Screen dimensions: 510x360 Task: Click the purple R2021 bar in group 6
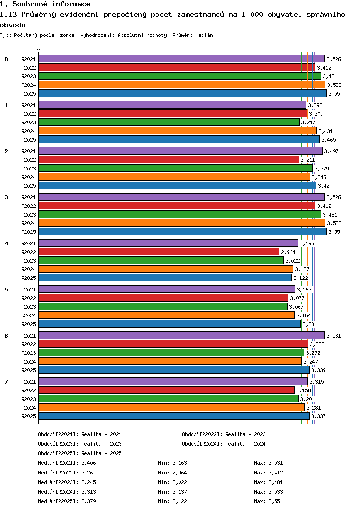(x=181, y=335)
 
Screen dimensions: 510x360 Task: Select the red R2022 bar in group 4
(x=158, y=252)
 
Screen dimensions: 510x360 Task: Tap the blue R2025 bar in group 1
(x=179, y=139)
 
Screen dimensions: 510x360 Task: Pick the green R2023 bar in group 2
(x=175, y=168)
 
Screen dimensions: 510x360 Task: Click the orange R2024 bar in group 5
(x=166, y=315)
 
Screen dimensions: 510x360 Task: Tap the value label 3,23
(x=308, y=324)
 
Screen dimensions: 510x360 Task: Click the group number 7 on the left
(x=6, y=382)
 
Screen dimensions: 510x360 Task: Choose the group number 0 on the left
(x=6, y=59)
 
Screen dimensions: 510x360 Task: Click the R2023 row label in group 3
(x=29, y=215)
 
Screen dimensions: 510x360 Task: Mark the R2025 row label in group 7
(x=29, y=416)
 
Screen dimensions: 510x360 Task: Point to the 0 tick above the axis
(x=39, y=49)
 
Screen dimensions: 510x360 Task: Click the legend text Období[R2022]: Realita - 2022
(x=224, y=434)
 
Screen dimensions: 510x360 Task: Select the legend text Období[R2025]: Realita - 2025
(x=80, y=453)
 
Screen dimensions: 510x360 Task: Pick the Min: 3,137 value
(x=173, y=492)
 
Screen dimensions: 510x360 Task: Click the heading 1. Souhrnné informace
(x=45, y=4)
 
